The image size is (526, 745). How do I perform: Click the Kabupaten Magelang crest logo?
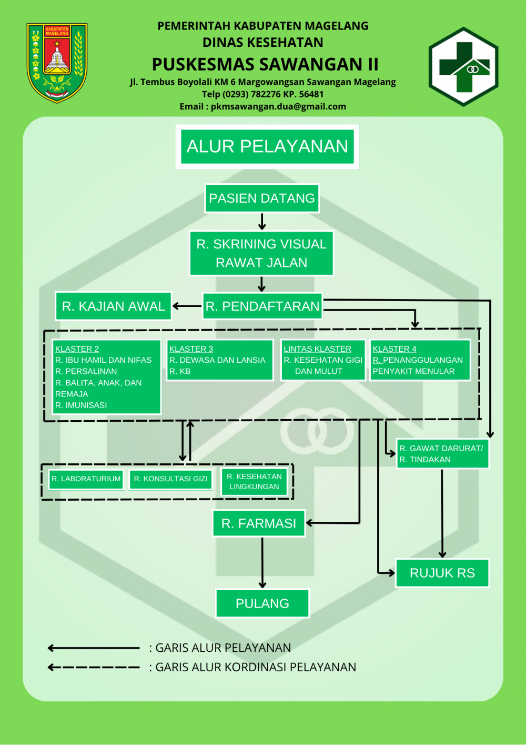[57, 63]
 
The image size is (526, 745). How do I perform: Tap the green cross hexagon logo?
[463, 67]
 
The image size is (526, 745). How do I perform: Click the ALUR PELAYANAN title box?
[267, 146]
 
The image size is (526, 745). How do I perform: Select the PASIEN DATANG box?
[262, 198]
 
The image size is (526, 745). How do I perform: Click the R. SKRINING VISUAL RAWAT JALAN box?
[261, 253]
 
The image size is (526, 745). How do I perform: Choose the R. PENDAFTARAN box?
[262, 306]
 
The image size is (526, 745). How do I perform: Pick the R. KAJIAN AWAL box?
[113, 306]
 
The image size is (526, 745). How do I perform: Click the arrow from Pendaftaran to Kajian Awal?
[187, 306]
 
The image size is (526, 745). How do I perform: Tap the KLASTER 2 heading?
[77, 349]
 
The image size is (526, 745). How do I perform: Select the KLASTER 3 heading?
[191, 349]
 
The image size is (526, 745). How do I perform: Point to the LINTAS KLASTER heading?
[317, 349]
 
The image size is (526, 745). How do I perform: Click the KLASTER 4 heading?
[394, 349]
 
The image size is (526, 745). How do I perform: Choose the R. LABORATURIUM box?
[86, 479]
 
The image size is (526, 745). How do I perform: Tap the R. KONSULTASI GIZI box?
[170, 479]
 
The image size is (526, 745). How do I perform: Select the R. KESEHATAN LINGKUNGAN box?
[255, 482]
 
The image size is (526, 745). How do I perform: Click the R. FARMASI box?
[259, 523]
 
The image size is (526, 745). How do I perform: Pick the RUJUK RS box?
[442, 573]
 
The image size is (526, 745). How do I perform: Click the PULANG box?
[262, 603]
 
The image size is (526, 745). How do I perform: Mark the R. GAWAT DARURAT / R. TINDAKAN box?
[442, 454]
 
